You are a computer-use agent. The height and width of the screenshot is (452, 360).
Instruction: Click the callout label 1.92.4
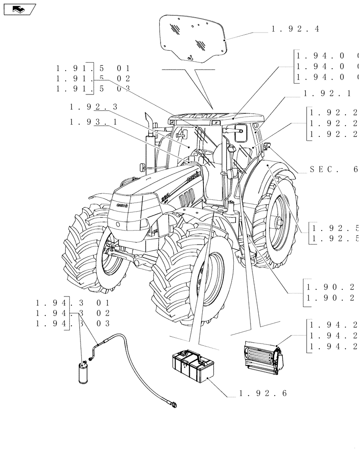click(x=295, y=29)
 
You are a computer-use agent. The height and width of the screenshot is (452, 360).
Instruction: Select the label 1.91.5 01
click(x=93, y=69)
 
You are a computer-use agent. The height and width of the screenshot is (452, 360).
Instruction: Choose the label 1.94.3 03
click(x=72, y=323)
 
